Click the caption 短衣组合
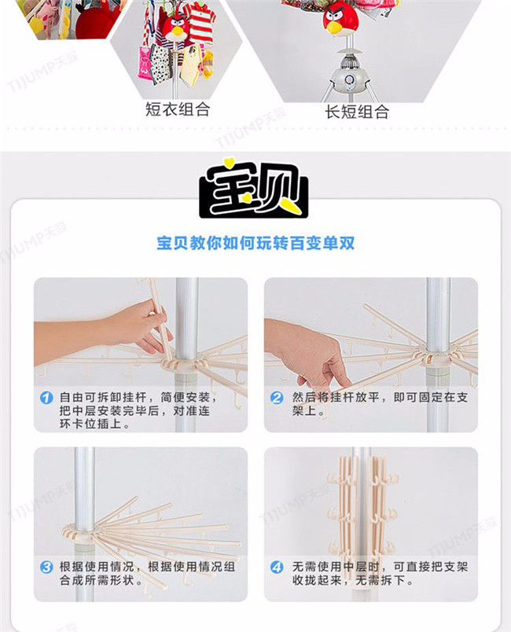pyautogui.click(x=178, y=108)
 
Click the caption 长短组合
pyautogui.click(x=357, y=112)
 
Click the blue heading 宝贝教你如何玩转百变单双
pyautogui.click(x=256, y=243)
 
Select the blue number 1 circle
pyautogui.click(x=46, y=398)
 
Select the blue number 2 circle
pyautogui.click(x=277, y=398)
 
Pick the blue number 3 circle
pyautogui.click(x=46, y=567)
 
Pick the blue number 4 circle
pyautogui.click(x=277, y=567)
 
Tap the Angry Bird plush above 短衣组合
pyautogui.click(x=175, y=28)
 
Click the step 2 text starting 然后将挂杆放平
pyautogui.click(x=380, y=404)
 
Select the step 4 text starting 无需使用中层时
pyautogui.click(x=380, y=574)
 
